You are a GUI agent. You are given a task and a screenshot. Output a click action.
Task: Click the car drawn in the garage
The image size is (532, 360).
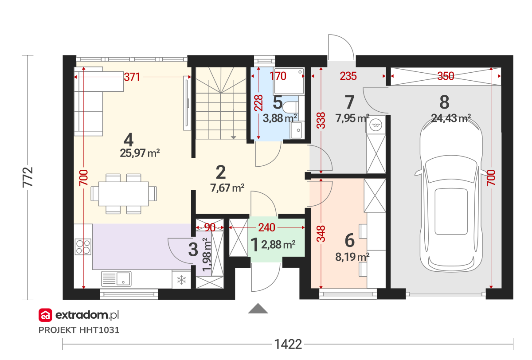click(451, 195)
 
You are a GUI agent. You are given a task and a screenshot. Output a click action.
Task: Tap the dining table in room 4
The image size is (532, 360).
click(124, 194)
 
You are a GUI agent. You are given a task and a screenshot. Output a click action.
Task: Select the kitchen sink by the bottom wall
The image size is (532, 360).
click(116, 278)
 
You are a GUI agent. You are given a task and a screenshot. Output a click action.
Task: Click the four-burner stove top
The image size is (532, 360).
click(83, 247)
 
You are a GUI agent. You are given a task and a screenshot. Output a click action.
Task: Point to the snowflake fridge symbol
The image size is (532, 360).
click(182, 280)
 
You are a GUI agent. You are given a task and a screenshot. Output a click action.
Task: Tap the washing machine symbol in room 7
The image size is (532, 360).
click(376, 125)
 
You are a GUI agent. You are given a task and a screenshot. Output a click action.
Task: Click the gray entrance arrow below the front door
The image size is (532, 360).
click(258, 308)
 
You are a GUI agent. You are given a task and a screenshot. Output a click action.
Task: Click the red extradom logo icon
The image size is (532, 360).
click(45, 315)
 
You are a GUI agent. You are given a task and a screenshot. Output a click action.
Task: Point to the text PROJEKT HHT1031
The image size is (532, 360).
click(79, 330)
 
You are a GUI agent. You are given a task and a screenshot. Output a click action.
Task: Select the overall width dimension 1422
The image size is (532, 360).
click(288, 344)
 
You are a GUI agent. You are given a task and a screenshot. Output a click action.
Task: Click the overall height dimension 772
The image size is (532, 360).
click(28, 177)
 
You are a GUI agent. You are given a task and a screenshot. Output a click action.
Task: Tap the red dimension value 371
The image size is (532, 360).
click(132, 77)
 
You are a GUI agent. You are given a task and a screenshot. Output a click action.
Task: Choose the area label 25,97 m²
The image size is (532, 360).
click(140, 153)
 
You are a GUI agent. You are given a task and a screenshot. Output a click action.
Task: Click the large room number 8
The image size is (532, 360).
click(444, 102)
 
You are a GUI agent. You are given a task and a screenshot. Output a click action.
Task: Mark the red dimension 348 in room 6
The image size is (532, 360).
click(321, 234)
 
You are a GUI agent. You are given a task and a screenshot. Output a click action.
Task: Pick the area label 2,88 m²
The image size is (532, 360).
click(278, 245)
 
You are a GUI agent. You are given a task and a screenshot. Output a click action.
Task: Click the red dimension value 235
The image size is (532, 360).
click(348, 76)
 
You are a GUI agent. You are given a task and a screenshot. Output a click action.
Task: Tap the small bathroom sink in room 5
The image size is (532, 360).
click(297, 130)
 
